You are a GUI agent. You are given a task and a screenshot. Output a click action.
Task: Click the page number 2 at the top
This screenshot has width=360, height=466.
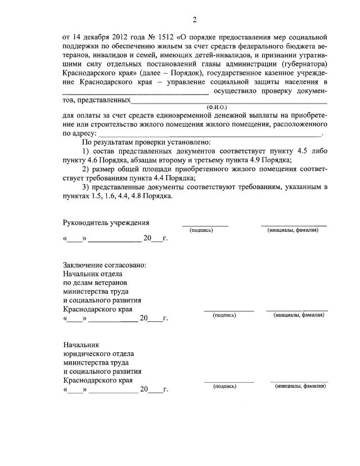[x=194, y=21]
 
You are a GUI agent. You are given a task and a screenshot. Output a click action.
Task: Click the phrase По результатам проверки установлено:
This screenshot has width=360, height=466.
[x=146, y=142]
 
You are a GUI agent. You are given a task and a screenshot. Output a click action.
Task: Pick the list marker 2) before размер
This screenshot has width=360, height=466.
[x=85, y=169]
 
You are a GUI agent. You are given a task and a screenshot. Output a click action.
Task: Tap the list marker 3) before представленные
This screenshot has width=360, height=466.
[x=85, y=187]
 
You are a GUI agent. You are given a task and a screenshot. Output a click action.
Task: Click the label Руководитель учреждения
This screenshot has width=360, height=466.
[x=106, y=223]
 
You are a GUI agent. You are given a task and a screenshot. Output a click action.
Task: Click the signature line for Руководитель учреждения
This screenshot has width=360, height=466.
[x=205, y=226]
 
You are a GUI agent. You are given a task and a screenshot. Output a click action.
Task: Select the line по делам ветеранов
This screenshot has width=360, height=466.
[x=95, y=283]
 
